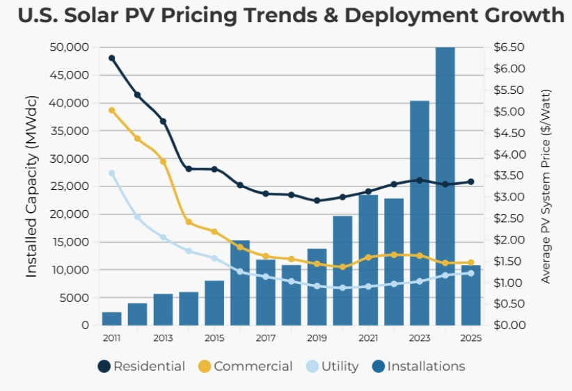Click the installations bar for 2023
419,212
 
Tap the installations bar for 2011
112,319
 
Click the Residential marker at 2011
112,58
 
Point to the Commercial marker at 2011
112,111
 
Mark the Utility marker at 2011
112,173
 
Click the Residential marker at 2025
470,182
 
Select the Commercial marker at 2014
189,222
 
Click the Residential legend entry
141,366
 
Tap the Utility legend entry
333,366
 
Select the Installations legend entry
418,366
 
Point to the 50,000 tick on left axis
70,47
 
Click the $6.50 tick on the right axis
509,47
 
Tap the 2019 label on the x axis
317,338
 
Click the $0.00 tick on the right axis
509,325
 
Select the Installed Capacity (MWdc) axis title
31,186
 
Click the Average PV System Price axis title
546,186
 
